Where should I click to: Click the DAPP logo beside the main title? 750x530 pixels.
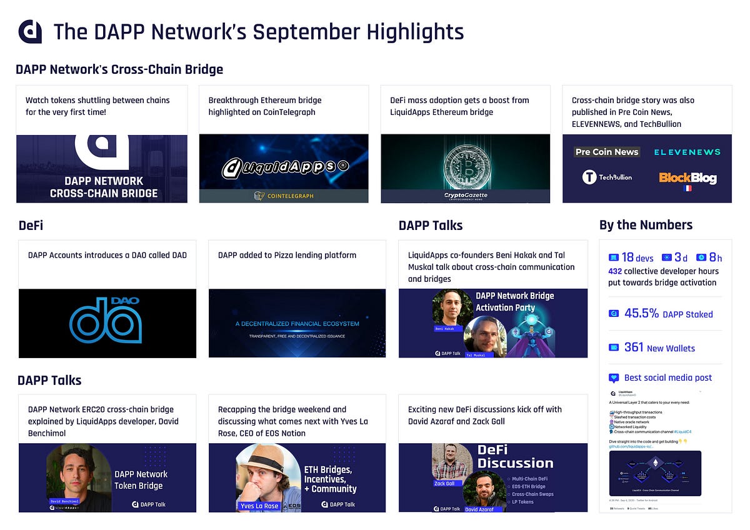click(x=30, y=31)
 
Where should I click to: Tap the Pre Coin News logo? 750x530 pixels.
click(x=607, y=152)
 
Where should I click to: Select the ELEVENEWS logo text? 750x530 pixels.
click(x=687, y=152)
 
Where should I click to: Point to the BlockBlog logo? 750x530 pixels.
click(x=687, y=178)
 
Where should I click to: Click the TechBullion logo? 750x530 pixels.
click(x=607, y=177)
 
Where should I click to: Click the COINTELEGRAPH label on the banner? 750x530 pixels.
click(x=284, y=196)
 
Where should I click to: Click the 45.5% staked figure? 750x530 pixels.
click(x=641, y=314)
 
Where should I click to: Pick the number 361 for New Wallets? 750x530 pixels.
click(x=634, y=347)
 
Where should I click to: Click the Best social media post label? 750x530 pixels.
click(x=667, y=377)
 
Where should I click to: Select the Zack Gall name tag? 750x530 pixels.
click(x=444, y=483)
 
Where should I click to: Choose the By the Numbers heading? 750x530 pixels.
click(x=646, y=225)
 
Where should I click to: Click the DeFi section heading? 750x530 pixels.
click(x=31, y=225)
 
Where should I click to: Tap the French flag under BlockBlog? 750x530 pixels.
click(x=687, y=188)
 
